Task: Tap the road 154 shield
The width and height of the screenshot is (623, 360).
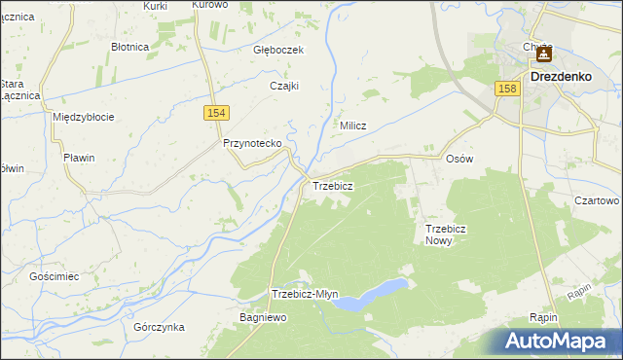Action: point(217,114)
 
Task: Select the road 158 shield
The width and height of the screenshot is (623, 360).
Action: point(505,89)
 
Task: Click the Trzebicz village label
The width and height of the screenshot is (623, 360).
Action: point(332,185)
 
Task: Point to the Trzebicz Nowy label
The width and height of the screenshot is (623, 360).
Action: point(446,234)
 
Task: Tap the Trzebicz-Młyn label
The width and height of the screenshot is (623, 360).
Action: point(305,294)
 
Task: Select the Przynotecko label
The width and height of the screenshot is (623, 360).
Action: point(252,143)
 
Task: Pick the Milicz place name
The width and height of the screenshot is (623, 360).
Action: point(352,126)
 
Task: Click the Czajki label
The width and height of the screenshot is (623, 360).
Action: point(283,86)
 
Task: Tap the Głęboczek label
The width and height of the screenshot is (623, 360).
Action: point(279,50)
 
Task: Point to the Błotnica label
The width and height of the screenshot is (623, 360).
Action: point(129,46)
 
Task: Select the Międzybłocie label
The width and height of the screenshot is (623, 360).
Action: point(84,117)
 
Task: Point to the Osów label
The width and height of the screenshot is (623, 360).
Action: point(458,159)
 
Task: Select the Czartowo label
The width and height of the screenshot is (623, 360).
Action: point(597,200)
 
